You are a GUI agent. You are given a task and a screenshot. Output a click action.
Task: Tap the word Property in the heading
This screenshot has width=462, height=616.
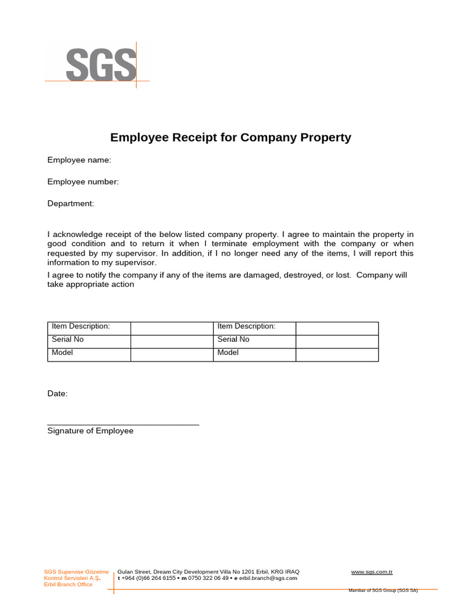click(x=325, y=138)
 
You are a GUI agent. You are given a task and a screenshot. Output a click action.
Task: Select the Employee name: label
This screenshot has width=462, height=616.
click(x=79, y=160)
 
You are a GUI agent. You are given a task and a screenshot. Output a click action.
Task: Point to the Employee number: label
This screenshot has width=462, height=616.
click(x=83, y=182)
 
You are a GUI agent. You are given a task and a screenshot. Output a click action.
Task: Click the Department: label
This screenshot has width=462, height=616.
click(x=71, y=203)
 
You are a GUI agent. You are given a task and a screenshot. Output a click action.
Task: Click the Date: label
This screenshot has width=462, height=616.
click(x=58, y=393)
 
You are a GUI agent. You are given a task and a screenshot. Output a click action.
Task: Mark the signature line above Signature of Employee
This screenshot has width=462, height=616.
click(x=123, y=425)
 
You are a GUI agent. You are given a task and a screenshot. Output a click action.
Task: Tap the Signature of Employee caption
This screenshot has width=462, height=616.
click(x=90, y=431)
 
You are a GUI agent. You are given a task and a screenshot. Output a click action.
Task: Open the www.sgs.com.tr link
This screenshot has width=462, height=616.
click(x=372, y=571)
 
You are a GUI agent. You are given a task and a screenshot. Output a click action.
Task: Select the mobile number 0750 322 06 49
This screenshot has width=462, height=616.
click(x=208, y=578)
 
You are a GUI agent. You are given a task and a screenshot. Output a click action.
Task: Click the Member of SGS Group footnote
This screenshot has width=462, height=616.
click(x=383, y=590)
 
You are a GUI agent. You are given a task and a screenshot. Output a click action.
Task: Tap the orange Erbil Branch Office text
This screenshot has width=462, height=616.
click(x=69, y=585)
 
